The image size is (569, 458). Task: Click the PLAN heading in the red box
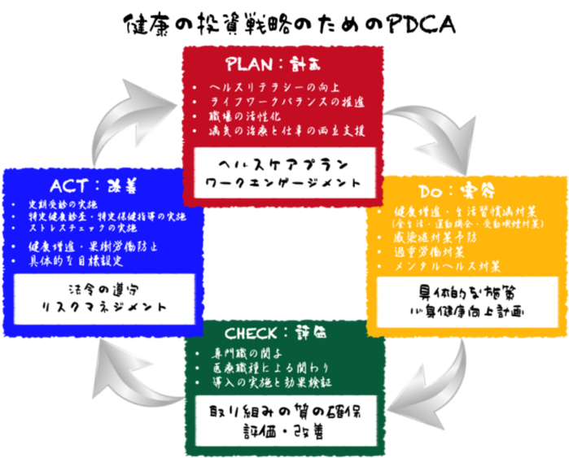[282, 63]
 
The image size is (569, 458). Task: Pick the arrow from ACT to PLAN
[134, 122]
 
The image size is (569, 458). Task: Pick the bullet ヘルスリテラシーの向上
[268, 87]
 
